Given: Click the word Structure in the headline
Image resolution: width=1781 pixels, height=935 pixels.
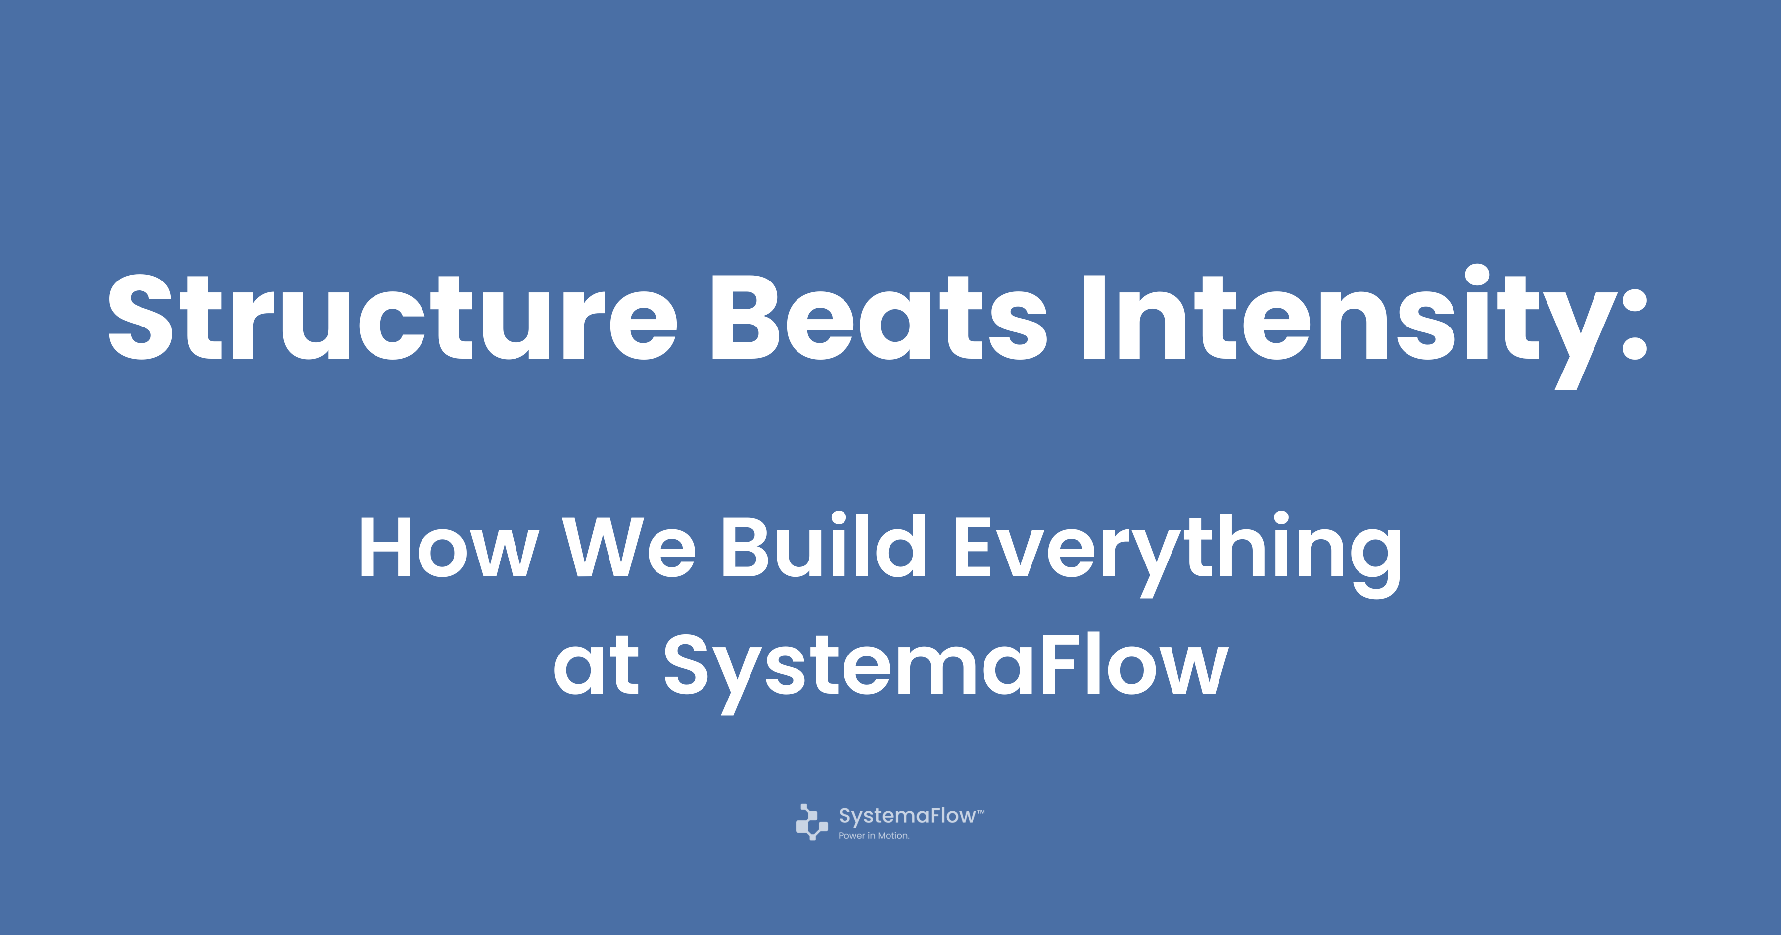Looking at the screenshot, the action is [393, 317].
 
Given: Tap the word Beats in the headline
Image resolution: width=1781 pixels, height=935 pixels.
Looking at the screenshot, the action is [880, 317].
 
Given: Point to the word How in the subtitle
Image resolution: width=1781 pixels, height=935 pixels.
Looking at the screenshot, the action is [449, 547].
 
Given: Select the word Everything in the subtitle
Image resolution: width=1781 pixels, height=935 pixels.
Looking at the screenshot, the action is [1177, 553].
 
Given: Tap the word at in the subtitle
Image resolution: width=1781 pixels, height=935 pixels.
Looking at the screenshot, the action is [596, 665].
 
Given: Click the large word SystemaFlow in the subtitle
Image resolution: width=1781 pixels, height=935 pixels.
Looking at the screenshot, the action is [946, 671].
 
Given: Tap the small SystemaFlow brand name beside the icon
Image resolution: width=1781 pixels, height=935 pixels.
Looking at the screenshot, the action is [907, 816].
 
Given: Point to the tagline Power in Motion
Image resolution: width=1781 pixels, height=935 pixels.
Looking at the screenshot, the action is [874, 836].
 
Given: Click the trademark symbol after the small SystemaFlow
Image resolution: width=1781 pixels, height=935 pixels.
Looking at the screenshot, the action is [981, 811].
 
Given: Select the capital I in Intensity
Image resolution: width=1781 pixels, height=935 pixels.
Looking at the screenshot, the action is [1094, 317].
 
